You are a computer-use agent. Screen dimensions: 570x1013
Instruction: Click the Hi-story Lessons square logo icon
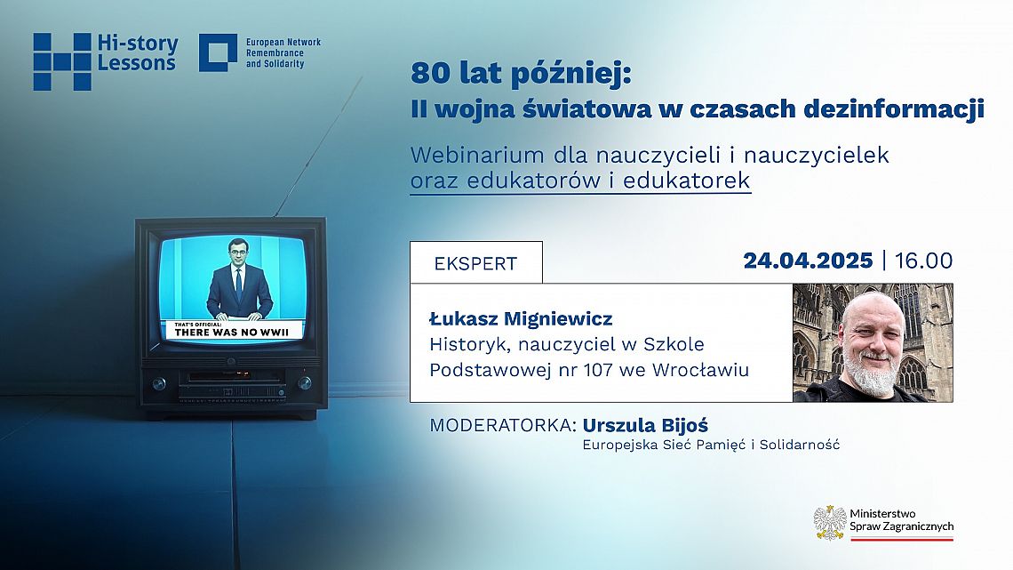click(x=62, y=61)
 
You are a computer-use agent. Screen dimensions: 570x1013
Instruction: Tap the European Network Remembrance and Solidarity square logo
click(x=218, y=53)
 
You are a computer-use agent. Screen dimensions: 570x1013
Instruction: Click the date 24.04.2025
click(x=809, y=261)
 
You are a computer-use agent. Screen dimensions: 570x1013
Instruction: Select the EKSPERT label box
click(x=475, y=263)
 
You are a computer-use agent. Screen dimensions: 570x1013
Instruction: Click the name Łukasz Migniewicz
click(x=521, y=318)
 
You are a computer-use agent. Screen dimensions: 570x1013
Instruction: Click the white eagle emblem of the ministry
click(x=829, y=522)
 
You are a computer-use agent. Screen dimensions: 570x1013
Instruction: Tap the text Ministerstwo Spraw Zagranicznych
click(x=901, y=520)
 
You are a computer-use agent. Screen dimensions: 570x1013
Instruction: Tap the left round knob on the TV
click(x=159, y=383)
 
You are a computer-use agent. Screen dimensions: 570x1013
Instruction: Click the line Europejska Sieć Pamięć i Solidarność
click(x=711, y=445)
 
